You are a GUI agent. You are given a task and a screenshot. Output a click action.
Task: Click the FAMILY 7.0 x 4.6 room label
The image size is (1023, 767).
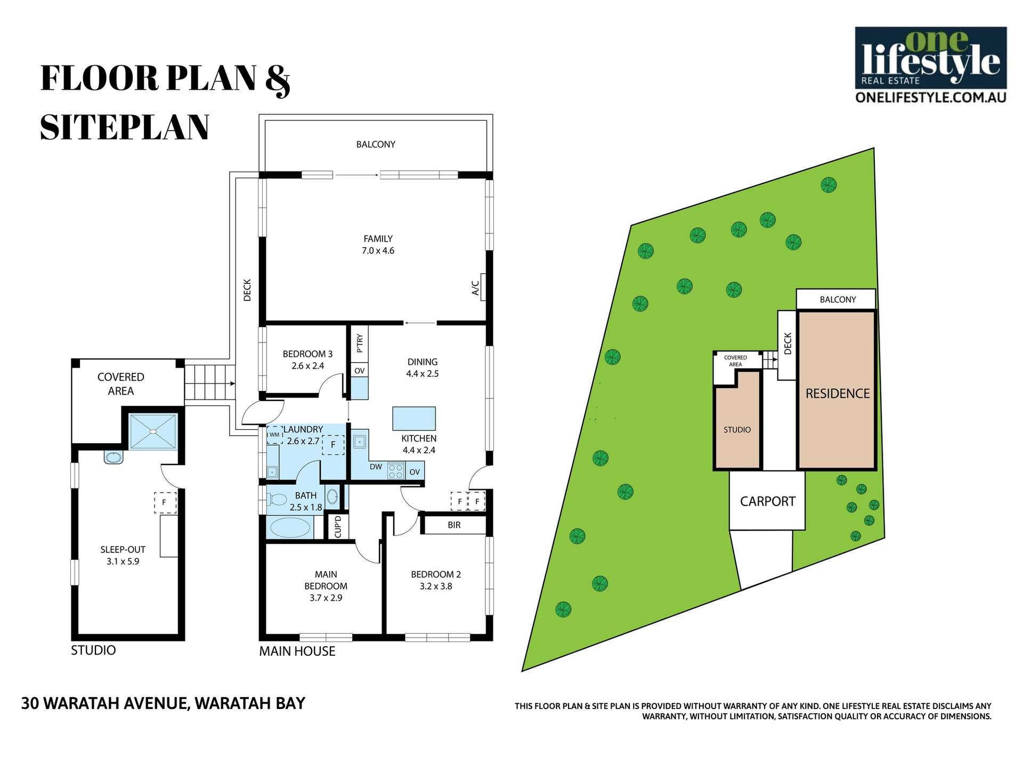(378, 244)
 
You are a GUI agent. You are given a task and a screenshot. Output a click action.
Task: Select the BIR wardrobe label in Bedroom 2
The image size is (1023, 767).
(454, 525)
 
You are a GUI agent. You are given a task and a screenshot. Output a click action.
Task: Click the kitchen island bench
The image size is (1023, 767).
(414, 418)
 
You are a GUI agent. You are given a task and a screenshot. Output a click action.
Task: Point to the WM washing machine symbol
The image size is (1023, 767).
(274, 435)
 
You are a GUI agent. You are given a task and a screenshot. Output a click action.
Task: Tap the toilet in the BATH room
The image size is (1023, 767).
(276, 500)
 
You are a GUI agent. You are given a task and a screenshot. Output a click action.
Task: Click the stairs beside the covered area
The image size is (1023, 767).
(209, 382)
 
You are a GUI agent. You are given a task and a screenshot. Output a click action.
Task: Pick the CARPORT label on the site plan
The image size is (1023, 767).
(767, 501)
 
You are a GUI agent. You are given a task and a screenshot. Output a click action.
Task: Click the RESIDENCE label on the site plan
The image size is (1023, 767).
(838, 394)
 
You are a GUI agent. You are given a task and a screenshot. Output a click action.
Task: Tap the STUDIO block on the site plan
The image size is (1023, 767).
(737, 429)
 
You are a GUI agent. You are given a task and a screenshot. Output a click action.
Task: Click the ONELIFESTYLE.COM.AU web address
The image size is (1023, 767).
(930, 97)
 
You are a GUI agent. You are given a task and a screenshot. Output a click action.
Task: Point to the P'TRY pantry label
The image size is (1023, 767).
(360, 344)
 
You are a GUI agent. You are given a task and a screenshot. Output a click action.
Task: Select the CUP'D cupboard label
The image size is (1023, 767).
(338, 526)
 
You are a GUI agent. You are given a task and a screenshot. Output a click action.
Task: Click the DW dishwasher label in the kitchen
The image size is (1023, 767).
(376, 467)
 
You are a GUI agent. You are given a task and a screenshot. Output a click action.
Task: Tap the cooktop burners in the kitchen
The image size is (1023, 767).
(396, 471)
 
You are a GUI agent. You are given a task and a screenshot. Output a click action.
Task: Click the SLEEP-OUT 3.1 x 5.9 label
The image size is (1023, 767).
(123, 555)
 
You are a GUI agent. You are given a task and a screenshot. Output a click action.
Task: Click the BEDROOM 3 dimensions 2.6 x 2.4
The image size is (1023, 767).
(307, 366)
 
